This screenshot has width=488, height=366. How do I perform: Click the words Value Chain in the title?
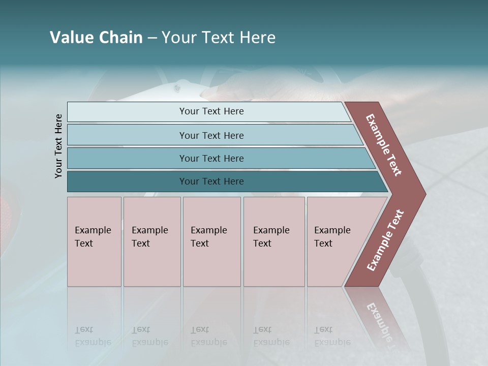click(x=96, y=38)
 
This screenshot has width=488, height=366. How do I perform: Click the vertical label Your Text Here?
click(x=58, y=146)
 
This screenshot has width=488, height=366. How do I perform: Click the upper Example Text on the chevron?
click(x=384, y=145)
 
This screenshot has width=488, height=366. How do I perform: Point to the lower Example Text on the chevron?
click(x=385, y=240)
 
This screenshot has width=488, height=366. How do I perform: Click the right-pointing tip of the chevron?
click(x=422, y=194)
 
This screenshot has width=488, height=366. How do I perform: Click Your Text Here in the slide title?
click(x=219, y=38)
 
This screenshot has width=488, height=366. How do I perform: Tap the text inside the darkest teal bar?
click(x=211, y=181)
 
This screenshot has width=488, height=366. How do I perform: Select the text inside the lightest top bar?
click(x=211, y=111)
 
